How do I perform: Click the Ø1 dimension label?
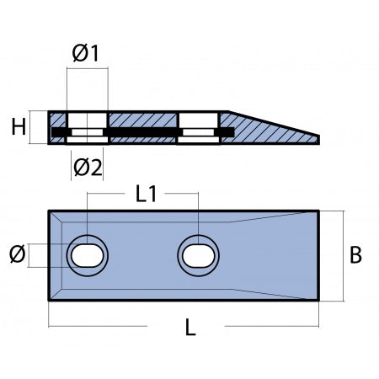[86, 53]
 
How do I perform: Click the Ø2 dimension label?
[87, 166]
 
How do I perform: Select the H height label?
[17, 127]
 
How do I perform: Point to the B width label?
[356, 255]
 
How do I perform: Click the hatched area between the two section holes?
[142, 120]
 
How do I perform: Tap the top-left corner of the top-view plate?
[50, 211]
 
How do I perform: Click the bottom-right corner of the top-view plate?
[318, 300]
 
